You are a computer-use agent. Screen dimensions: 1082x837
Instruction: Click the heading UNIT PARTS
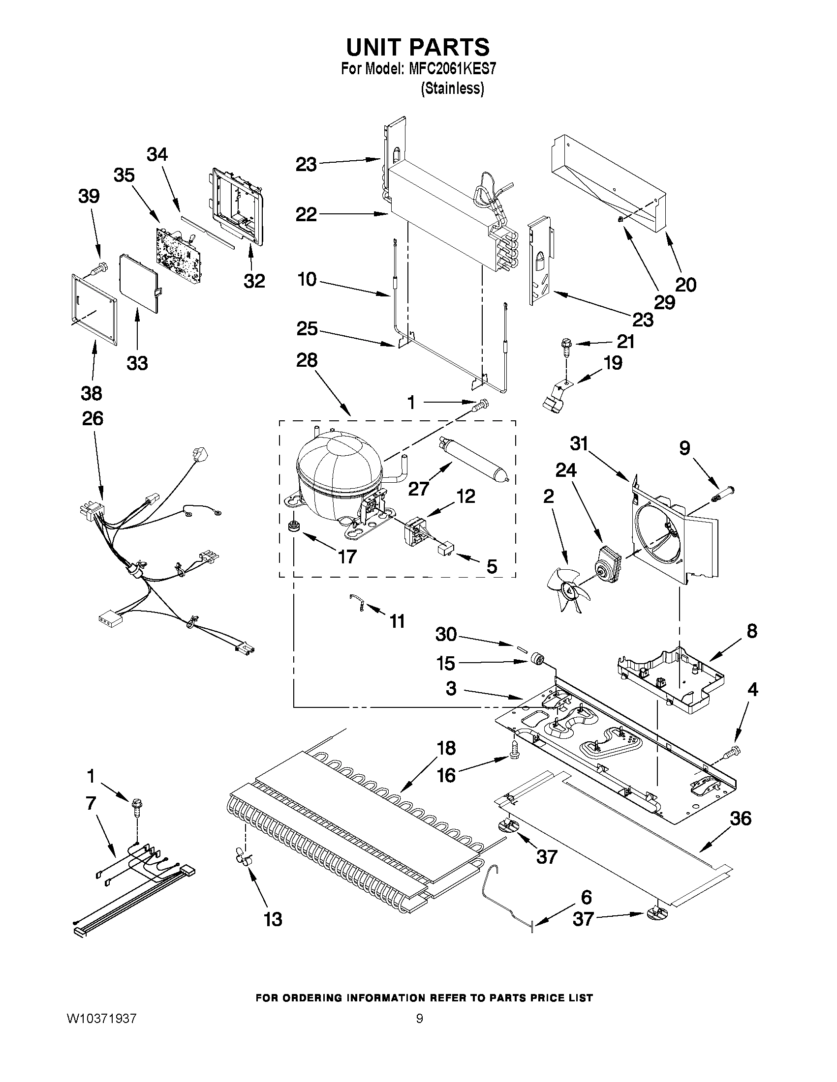pyautogui.click(x=417, y=47)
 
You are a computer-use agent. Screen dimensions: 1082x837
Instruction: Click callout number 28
pyautogui.click(x=307, y=360)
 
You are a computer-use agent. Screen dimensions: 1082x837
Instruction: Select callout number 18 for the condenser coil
pyautogui.click(x=446, y=748)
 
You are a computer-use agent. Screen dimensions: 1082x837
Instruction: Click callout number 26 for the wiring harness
pyautogui.click(x=92, y=419)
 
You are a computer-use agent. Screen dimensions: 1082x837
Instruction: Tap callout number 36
pyautogui.click(x=740, y=819)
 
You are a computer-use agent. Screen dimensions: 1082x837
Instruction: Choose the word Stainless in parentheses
pyautogui.click(x=452, y=88)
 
